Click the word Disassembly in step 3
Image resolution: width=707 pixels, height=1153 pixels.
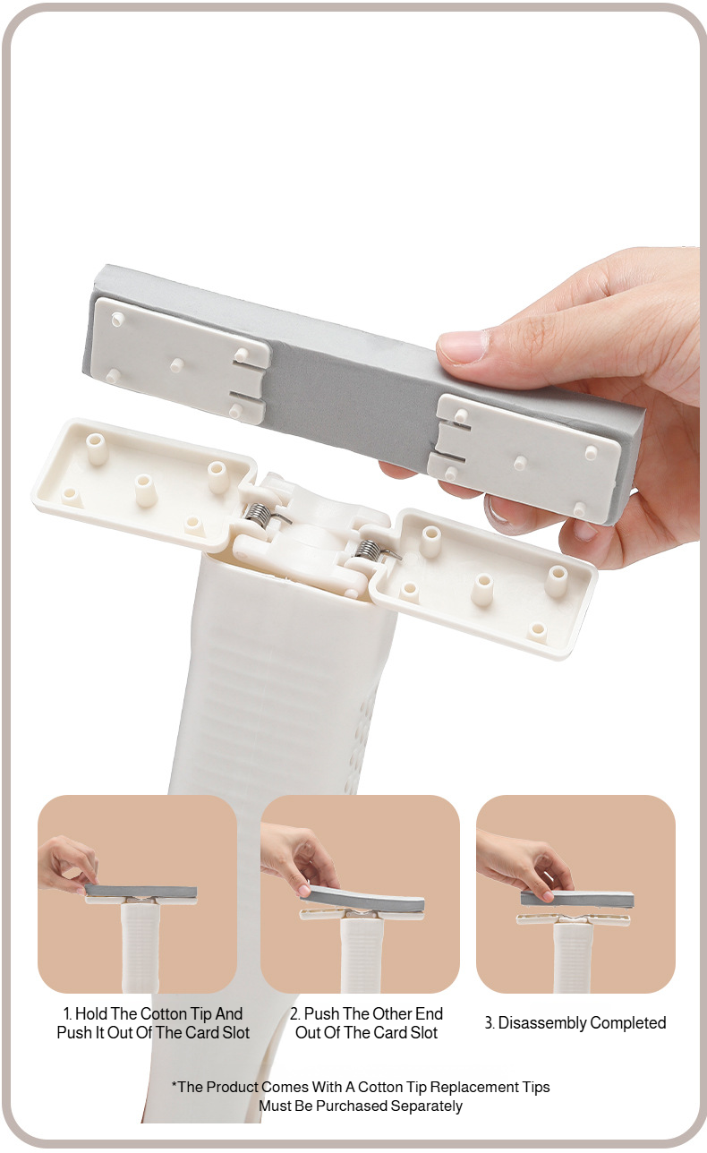click(541, 1023)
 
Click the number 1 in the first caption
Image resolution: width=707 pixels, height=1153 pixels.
click(67, 1013)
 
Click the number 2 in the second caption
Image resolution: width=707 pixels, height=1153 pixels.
click(294, 1013)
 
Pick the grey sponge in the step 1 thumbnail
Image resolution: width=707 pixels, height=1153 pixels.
click(141, 891)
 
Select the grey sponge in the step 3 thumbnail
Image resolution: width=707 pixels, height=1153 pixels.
click(577, 900)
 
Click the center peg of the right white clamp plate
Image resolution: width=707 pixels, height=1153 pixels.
click(483, 588)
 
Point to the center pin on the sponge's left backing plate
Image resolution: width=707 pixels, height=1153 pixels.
click(176, 364)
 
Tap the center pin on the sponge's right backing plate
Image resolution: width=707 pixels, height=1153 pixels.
click(520, 462)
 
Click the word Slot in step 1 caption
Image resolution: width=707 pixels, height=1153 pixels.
click(235, 1032)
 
